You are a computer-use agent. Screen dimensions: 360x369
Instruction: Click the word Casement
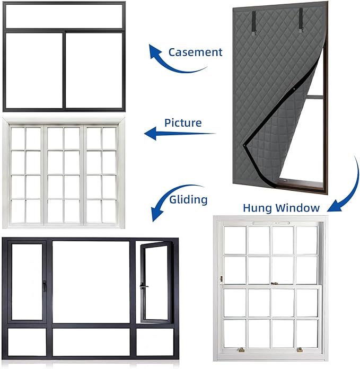pos(195,52)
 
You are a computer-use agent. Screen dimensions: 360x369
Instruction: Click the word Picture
pos(183,123)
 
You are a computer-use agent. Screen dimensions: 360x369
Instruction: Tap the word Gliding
pos(188,199)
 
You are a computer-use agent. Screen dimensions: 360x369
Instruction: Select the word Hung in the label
pos(258,208)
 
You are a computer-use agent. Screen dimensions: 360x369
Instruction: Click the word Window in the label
pos(297,208)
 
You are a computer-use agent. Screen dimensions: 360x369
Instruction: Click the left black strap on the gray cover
pos(253,23)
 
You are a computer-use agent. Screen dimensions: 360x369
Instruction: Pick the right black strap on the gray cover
pos(301,20)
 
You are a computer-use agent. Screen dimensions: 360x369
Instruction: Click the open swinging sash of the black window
pos(156,283)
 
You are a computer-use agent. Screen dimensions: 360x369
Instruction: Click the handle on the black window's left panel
pos(44,286)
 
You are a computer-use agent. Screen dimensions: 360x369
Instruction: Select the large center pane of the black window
pos(91,282)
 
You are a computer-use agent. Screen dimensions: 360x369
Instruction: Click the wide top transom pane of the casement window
pos(64,16)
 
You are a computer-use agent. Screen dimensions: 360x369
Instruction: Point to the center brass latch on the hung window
pos(274,284)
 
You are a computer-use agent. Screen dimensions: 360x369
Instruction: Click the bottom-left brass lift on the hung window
pos(241,349)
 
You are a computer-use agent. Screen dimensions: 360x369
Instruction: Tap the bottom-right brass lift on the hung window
pos(300,350)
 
